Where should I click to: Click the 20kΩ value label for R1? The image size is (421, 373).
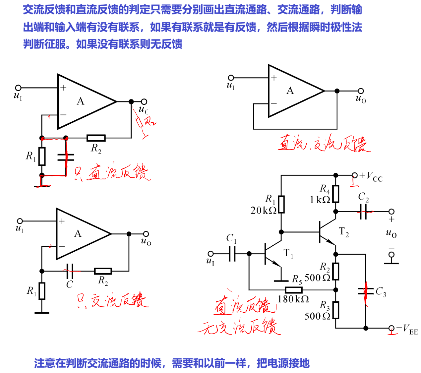click(x=263, y=210)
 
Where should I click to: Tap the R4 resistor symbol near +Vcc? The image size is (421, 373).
click(x=335, y=194)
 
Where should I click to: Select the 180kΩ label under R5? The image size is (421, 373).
click(x=293, y=299)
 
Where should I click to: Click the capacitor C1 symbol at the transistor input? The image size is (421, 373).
click(x=232, y=254)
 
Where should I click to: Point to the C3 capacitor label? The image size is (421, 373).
click(x=381, y=292)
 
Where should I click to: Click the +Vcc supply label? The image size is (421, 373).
click(x=371, y=176)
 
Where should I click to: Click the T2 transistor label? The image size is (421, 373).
click(x=343, y=232)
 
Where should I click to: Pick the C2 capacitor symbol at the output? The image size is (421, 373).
click(x=363, y=212)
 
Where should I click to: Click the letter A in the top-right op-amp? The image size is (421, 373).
click(x=290, y=91)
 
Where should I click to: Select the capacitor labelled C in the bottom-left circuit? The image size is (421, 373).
click(x=70, y=271)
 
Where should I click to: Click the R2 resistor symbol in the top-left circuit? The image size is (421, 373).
click(x=96, y=138)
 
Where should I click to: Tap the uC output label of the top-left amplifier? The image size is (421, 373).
click(x=143, y=110)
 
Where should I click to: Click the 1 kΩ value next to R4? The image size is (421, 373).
click(x=320, y=200)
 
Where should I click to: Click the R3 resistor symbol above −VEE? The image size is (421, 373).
click(x=335, y=310)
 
